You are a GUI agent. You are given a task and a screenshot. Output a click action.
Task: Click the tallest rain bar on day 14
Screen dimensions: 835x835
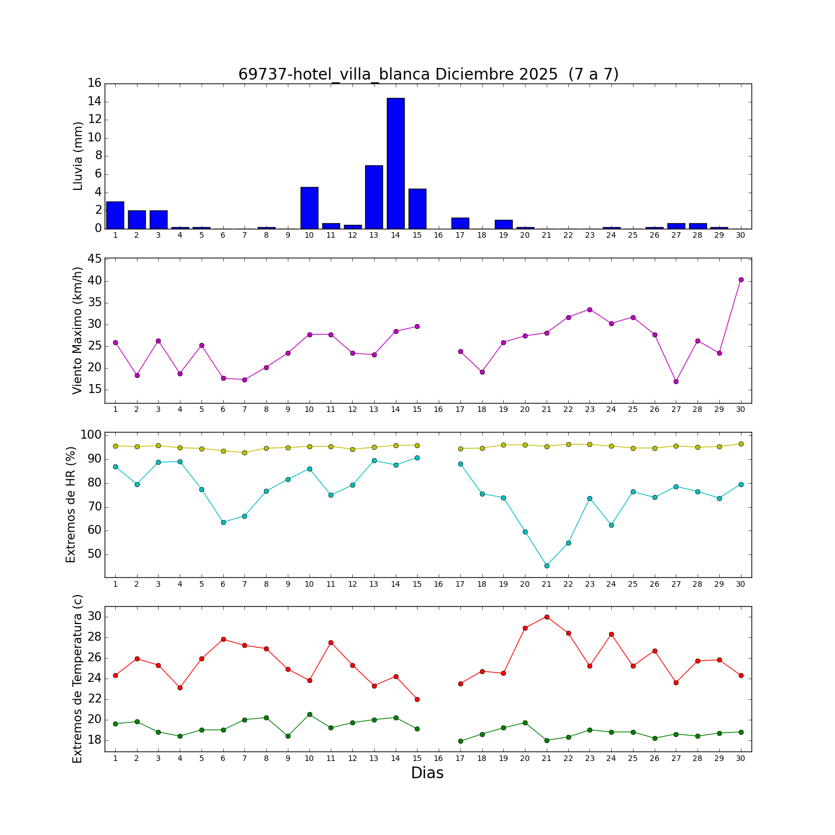pyautogui.click(x=395, y=163)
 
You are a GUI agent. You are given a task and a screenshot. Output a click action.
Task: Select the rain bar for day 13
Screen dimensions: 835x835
pyautogui.click(x=374, y=197)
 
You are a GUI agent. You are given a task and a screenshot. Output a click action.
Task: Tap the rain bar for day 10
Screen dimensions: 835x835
pyautogui.click(x=309, y=208)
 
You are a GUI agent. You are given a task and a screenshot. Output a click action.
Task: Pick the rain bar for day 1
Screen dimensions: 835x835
pyautogui.click(x=115, y=215)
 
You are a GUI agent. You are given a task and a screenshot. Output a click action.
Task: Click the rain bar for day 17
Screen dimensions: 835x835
pyautogui.click(x=460, y=223)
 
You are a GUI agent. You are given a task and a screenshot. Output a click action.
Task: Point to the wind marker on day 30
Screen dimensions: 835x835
pyautogui.click(x=741, y=280)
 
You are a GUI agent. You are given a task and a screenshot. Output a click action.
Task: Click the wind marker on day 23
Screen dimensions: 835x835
pyautogui.click(x=590, y=310)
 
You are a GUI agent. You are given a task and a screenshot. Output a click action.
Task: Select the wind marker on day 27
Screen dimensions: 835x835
pyautogui.click(x=676, y=381)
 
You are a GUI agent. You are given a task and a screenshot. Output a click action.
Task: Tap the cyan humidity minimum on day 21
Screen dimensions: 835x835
pyautogui.click(x=547, y=566)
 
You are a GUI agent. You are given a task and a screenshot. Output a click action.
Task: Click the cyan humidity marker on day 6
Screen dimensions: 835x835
pyautogui.click(x=223, y=522)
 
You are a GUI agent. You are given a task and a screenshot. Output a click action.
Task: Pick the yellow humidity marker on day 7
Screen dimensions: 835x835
pyautogui.click(x=244, y=453)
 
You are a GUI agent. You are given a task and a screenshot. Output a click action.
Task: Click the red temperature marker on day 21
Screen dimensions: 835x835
pyautogui.click(x=547, y=617)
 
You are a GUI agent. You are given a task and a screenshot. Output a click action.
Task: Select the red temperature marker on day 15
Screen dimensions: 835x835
pyautogui.click(x=417, y=699)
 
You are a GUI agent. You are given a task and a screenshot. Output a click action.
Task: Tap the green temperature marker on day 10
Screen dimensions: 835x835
pyautogui.click(x=310, y=714)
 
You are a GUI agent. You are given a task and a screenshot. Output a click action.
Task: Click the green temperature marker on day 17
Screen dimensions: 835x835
pyautogui.click(x=460, y=741)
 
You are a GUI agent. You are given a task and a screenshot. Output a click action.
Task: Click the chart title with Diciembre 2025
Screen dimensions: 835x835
pyautogui.click(x=428, y=75)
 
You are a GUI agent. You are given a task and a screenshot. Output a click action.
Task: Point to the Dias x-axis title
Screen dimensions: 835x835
pyautogui.click(x=427, y=773)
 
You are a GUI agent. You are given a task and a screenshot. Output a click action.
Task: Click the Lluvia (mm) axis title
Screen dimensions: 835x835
pyautogui.click(x=78, y=156)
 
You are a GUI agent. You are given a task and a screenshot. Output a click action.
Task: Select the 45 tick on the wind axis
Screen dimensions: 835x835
pyautogui.click(x=95, y=259)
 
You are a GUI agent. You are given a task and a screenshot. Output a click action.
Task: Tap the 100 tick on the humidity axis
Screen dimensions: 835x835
pyautogui.click(x=91, y=435)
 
